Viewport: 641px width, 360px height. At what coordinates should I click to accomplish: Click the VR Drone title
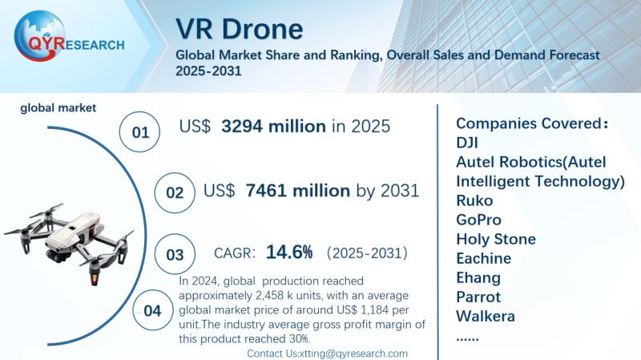coord(240,29)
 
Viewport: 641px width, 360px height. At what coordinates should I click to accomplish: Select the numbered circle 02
coord(174,192)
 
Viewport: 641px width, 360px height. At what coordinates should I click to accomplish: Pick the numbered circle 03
coord(174,255)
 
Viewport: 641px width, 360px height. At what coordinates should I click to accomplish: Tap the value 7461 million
coord(298,191)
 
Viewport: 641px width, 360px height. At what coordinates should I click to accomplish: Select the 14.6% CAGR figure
coord(289,253)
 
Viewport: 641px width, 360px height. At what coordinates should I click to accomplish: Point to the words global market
coord(58,107)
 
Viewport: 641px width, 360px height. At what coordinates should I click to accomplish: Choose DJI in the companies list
coord(468,143)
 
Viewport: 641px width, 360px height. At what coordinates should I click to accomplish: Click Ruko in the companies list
coord(474,200)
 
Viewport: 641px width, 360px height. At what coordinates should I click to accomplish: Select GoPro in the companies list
coord(480,220)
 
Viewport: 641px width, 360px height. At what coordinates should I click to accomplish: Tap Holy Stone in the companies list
coord(496,239)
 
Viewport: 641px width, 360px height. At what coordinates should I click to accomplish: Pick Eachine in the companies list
coord(483,258)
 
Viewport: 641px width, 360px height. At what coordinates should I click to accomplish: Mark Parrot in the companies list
coord(478,297)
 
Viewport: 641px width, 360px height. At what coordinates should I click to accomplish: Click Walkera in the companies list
coord(486,316)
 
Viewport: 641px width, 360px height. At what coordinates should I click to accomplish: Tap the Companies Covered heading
coord(532,123)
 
